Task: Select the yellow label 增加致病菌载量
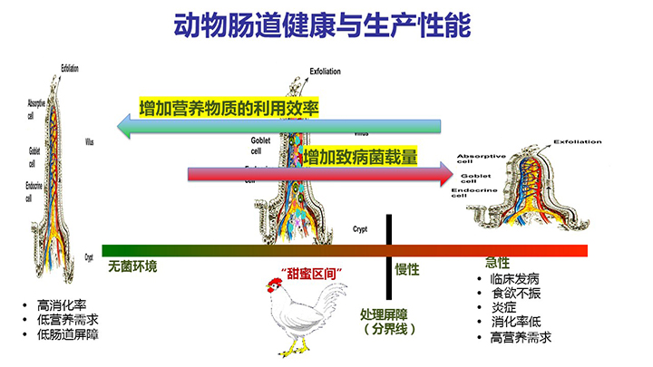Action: [360, 157]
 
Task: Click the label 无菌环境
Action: [132, 266]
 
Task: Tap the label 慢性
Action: [407, 269]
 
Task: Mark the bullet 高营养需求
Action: [521, 338]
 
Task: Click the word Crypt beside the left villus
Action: [89, 257]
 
